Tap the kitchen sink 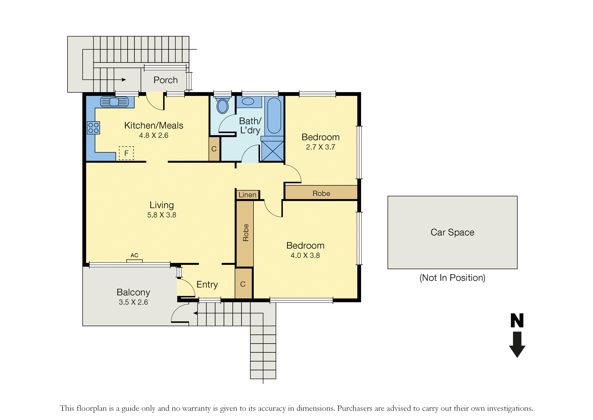(x=114, y=102)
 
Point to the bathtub (x=274, y=115)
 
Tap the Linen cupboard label (x=247, y=195)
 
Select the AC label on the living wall (x=134, y=255)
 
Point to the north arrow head (x=517, y=352)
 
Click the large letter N (x=517, y=320)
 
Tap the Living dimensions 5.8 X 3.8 (x=162, y=215)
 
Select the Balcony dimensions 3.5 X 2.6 (x=133, y=302)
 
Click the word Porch (x=165, y=80)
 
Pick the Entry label (x=207, y=285)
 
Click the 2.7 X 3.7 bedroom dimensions (x=321, y=147)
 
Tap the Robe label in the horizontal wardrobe (x=321, y=194)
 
